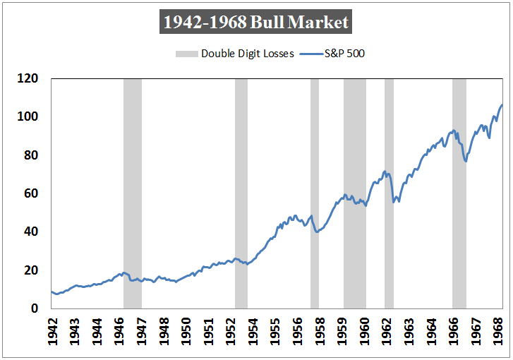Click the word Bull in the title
pyautogui.click(x=269, y=23)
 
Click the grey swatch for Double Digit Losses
pyautogui.click(x=186, y=54)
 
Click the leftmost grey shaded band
pyautogui.click(x=133, y=194)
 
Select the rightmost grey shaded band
pyautogui.click(x=459, y=194)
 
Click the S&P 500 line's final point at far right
pyautogui.click(x=502, y=105)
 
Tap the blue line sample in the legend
pyautogui.click(x=310, y=54)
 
